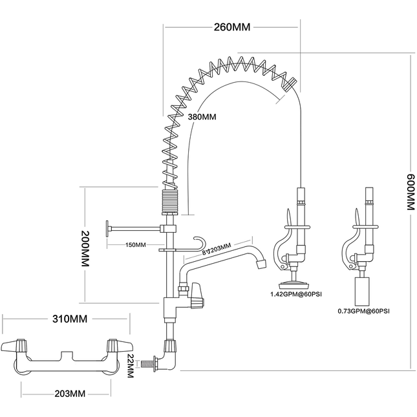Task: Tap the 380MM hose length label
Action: (202, 117)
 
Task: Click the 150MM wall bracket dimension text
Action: (136, 245)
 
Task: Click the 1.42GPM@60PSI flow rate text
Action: (297, 295)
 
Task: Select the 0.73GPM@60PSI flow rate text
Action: (363, 310)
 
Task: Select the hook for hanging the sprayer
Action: (197, 242)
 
